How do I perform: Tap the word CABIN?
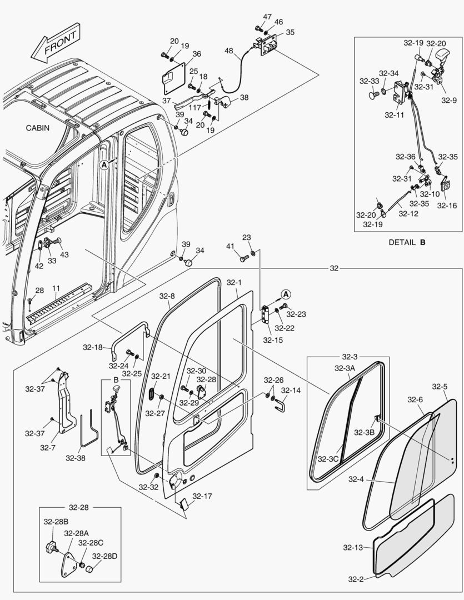tap(38, 128)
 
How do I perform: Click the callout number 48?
tap(229, 51)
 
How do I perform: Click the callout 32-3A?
tap(345, 368)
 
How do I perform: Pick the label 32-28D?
tap(103, 556)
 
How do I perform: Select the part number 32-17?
tap(202, 496)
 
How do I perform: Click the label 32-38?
tap(76, 458)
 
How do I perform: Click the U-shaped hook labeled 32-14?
tap(282, 409)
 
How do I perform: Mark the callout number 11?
tap(56, 288)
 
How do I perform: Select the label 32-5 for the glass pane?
tap(440, 386)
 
